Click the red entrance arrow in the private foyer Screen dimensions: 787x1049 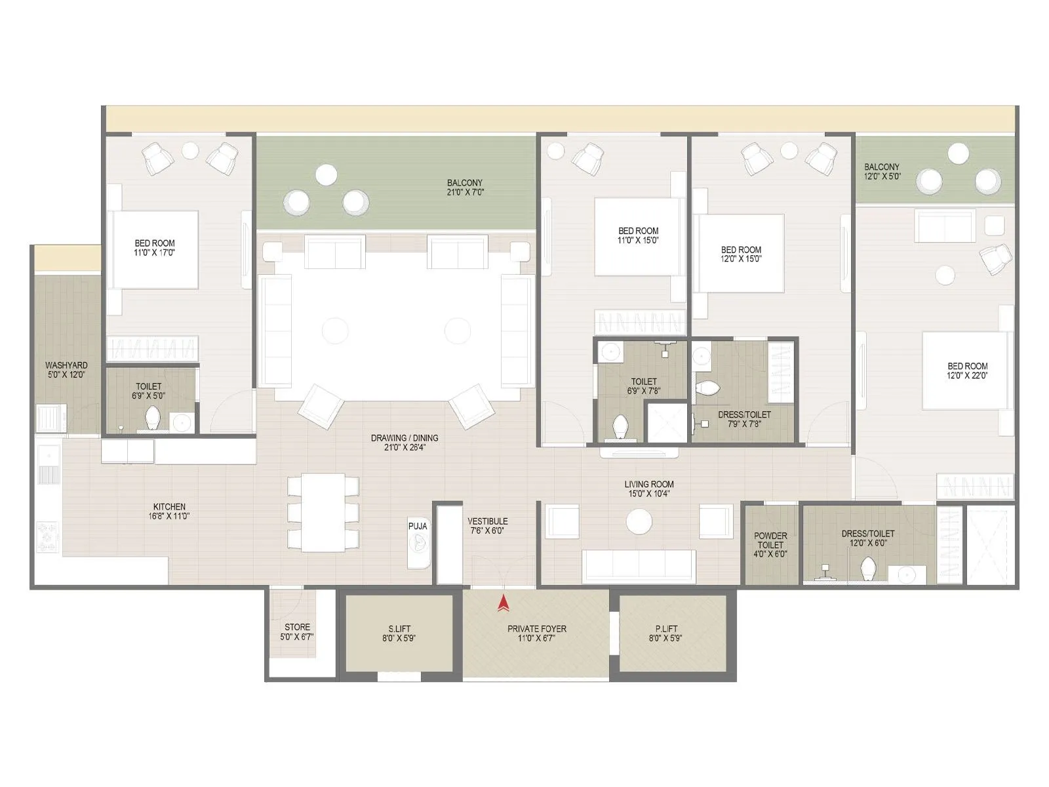pyautogui.click(x=504, y=603)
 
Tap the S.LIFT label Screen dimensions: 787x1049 pyautogui.click(x=399, y=633)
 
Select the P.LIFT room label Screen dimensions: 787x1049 pyautogui.click(x=665, y=633)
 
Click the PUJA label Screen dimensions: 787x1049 pyautogui.click(x=418, y=526)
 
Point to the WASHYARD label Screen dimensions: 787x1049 pyautogui.click(x=66, y=370)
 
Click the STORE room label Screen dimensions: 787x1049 pyautogui.click(x=297, y=632)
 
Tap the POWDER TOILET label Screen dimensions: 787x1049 pyautogui.click(x=770, y=544)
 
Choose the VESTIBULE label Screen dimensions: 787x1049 pyautogui.click(x=487, y=526)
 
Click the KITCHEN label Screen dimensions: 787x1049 pyautogui.click(x=169, y=511)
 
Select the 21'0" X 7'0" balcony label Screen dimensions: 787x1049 pyautogui.click(x=465, y=188)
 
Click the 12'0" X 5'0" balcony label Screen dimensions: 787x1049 pyautogui.click(x=882, y=172)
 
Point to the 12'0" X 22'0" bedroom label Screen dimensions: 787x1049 pyautogui.click(x=967, y=371)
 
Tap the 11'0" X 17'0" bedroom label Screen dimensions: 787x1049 pyautogui.click(x=155, y=247)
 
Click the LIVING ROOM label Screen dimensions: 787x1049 pyautogui.click(x=648, y=489)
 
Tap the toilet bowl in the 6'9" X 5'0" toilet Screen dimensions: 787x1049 pyautogui.click(x=152, y=418)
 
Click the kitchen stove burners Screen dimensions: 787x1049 pyautogui.click(x=48, y=535)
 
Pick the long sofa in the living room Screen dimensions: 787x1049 pyautogui.click(x=639, y=565)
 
